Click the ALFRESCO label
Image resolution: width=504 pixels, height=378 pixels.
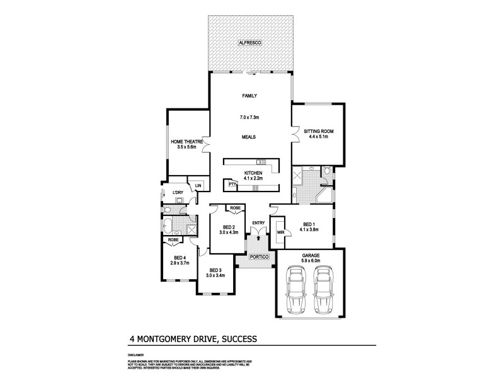[x=249, y=42]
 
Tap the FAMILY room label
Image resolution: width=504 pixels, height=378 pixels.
[x=249, y=96]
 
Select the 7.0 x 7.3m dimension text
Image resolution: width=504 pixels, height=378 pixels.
[x=249, y=118]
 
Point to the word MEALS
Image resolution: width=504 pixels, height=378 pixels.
[x=249, y=137]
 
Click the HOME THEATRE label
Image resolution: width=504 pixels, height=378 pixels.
[x=186, y=142]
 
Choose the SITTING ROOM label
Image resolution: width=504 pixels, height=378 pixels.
[x=318, y=132]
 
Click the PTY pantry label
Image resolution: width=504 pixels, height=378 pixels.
[x=232, y=184]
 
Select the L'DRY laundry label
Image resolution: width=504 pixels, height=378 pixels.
[x=177, y=193]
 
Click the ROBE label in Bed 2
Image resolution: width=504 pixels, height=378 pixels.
[x=234, y=208]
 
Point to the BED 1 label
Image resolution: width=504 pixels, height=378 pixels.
[x=308, y=224]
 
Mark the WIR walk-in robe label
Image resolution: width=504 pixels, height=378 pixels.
[x=280, y=232]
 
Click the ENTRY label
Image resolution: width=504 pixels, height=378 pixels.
[x=258, y=223]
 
